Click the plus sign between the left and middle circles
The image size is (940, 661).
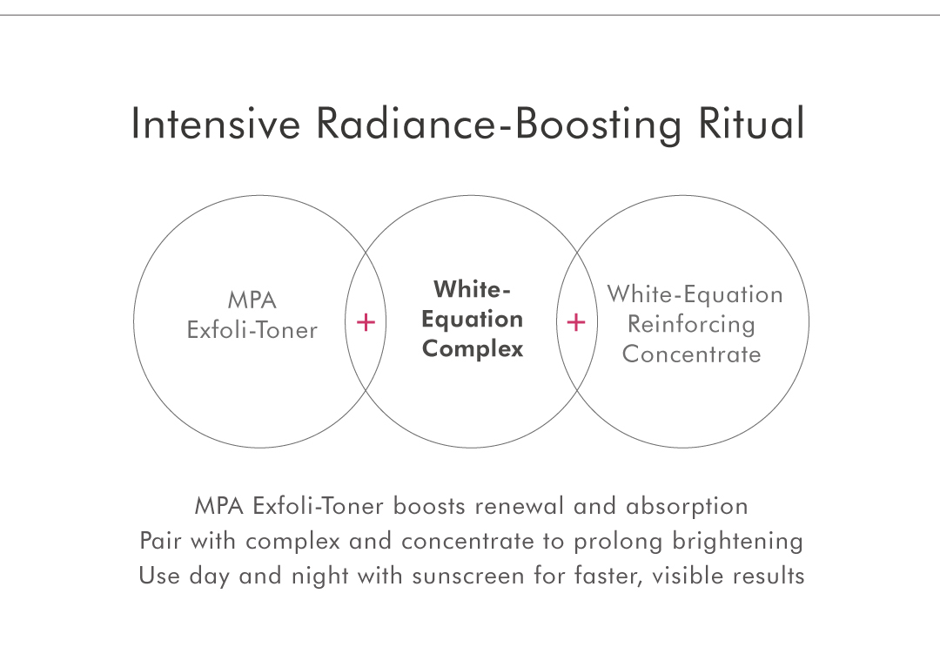[366, 323]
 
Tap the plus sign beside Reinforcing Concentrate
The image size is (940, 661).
[575, 323]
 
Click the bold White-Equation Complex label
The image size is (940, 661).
[472, 319]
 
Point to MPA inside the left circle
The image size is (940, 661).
[252, 301]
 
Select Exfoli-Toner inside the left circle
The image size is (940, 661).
[252, 331]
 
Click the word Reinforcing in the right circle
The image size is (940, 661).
[691, 325]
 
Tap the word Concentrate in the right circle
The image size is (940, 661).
[691, 354]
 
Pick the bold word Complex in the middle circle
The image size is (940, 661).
[472, 349]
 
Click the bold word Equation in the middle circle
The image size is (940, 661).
[472, 320]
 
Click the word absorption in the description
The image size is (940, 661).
[687, 507]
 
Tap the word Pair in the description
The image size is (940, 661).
[161, 541]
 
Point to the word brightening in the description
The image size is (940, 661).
[737, 542]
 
